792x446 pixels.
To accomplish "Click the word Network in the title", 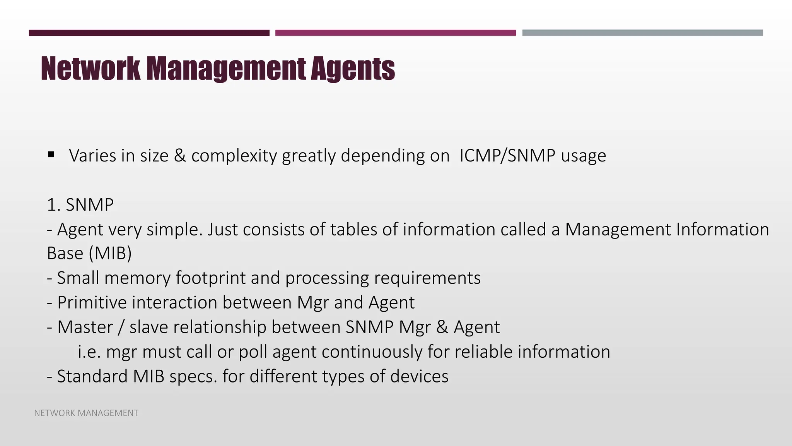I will pyautogui.click(x=90, y=69).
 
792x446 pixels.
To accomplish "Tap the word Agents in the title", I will pyautogui.click(x=352, y=69).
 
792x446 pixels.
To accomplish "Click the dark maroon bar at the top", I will pyautogui.click(x=149, y=33).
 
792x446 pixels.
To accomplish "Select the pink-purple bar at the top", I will pyautogui.click(x=395, y=33).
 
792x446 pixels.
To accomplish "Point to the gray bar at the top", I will pyautogui.click(x=642, y=33).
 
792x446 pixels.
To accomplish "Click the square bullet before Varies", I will pyautogui.click(x=51, y=155).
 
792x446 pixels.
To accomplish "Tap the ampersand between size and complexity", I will pyautogui.click(x=179, y=156).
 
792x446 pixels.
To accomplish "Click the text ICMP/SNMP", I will pyautogui.click(x=507, y=156).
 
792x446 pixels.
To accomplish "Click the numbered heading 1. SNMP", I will pyautogui.click(x=80, y=204).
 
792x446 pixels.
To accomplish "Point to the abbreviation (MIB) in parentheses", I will pyautogui.click(x=110, y=253).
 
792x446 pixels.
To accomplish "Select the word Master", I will pyautogui.click(x=85, y=327).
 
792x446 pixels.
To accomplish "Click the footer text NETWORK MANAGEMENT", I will pyautogui.click(x=86, y=413).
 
